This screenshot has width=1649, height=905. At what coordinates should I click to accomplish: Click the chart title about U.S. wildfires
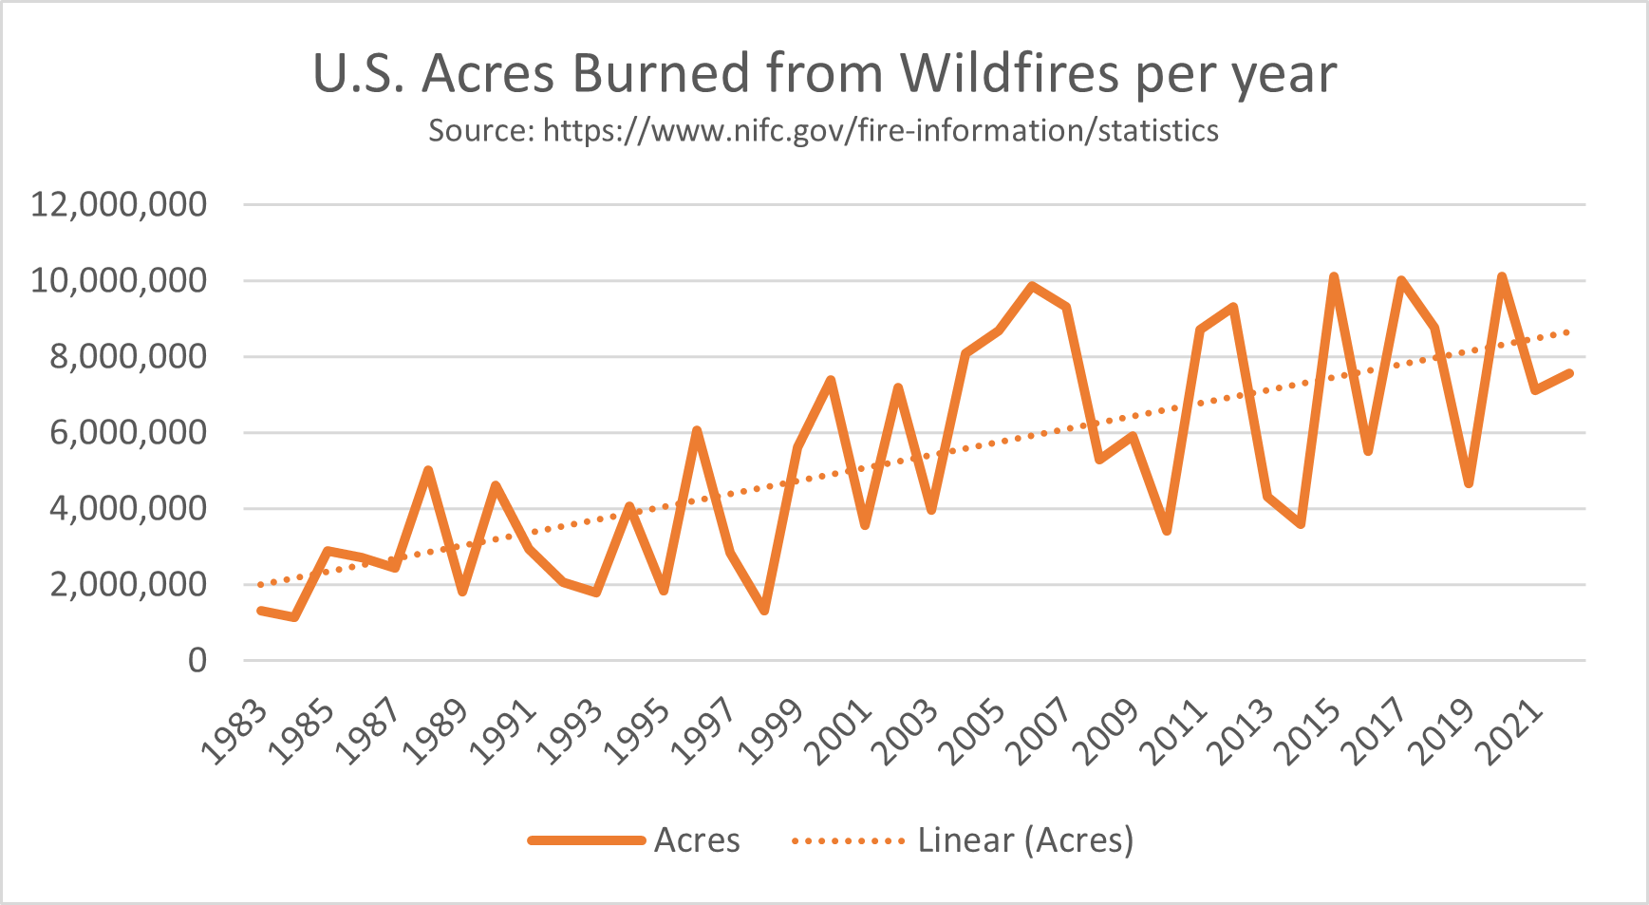[824, 73]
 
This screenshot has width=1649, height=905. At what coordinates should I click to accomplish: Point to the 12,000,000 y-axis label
[119, 204]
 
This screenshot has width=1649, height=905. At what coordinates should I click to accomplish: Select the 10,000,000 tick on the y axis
[119, 280]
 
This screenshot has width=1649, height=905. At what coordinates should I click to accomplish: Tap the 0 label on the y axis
[197, 660]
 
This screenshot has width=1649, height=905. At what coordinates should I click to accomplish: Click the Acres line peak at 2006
[1032, 286]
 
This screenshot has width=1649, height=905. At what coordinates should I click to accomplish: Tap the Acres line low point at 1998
[763, 611]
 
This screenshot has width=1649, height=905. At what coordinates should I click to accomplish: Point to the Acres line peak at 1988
[428, 470]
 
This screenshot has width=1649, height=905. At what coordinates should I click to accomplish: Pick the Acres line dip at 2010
[1167, 531]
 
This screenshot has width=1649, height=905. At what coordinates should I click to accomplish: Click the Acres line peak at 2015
[1334, 277]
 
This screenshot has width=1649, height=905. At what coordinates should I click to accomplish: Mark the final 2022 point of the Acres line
[1568, 373]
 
